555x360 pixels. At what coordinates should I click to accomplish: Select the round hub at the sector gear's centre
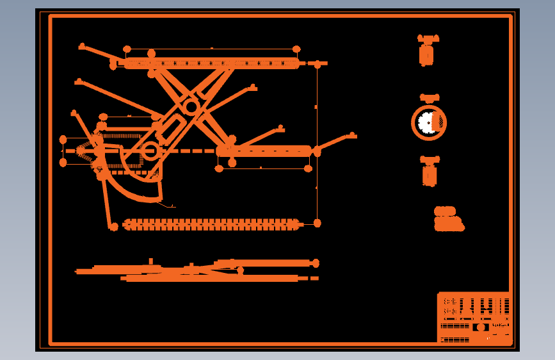[x=150, y=151]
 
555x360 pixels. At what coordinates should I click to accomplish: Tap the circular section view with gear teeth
[x=429, y=122]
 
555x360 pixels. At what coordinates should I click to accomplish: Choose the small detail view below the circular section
[x=430, y=172]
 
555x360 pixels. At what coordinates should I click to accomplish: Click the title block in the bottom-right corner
[x=474, y=318]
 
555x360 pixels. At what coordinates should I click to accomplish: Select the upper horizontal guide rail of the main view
[x=211, y=63]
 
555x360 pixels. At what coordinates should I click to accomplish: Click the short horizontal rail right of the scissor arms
[x=264, y=151]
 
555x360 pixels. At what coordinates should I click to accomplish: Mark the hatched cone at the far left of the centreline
[x=82, y=151]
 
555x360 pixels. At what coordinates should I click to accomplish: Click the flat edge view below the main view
[x=198, y=270]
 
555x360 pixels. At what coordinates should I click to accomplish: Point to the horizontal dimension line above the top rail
[x=211, y=49]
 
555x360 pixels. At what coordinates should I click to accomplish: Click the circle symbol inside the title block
[x=481, y=327]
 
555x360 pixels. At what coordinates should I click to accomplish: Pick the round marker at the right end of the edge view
[x=316, y=263]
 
